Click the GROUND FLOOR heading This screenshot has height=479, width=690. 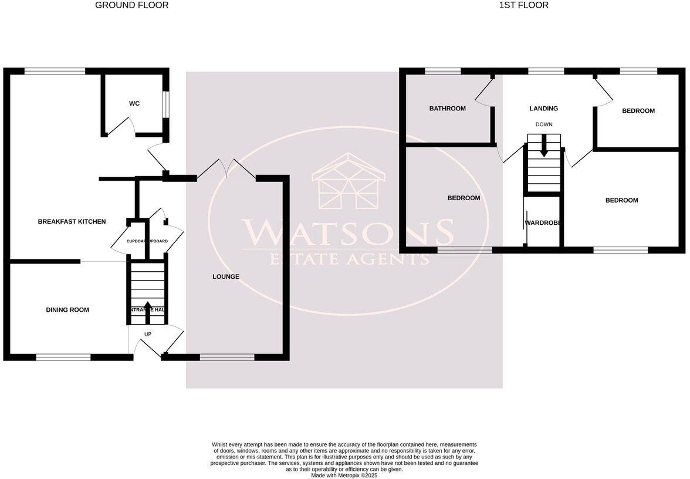tap(131, 5)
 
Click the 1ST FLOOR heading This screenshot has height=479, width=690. tap(523, 5)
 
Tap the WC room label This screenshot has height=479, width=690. tap(134, 104)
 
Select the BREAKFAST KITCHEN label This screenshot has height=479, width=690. tap(72, 222)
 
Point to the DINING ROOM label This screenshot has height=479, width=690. tap(67, 310)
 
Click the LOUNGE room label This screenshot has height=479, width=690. tap(226, 276)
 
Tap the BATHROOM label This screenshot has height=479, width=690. tap(447, 109)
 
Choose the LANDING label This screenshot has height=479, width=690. tap(543, 109)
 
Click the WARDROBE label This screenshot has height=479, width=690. tap(543, 223)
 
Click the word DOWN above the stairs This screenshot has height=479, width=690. tap(543, 124)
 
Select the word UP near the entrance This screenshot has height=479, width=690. tap(147, 335)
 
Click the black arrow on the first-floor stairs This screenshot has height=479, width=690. tap(544, 147)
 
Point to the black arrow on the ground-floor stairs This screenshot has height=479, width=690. tap(147, 312)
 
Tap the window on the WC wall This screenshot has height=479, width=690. tap(166, 104)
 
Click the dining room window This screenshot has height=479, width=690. tap(63, 357)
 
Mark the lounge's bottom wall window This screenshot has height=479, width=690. tap(227, 357)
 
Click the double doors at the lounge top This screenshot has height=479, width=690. tap(226, 169)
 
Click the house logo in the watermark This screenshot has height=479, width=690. tap(349, 182)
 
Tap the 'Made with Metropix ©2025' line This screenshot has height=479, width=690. tap(344, 475)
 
